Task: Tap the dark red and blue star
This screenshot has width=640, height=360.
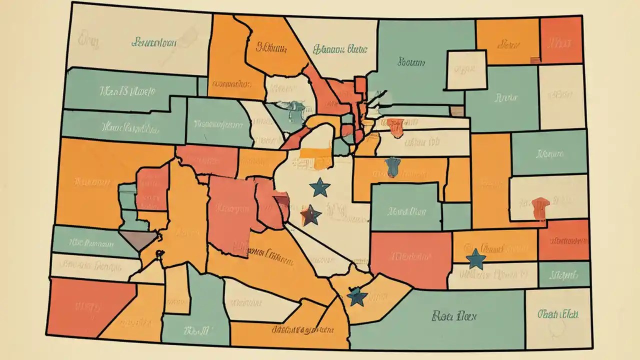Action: [x=310, y=215]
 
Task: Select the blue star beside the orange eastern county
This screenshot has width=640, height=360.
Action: [x=475, y=259]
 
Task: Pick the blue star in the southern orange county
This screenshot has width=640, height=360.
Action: [x=357, y=296]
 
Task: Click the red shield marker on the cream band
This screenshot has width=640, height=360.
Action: [x=395, y=127]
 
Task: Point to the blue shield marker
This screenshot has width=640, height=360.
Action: [x=393, y=166]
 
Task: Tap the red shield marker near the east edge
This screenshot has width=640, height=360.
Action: [x=540, y=208]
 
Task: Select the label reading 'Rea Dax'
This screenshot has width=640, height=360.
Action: [x=454, y=316]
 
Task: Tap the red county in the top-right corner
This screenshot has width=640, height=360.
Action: [x=561, y=40]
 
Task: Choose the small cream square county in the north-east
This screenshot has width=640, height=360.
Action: [x=466, y=70]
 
